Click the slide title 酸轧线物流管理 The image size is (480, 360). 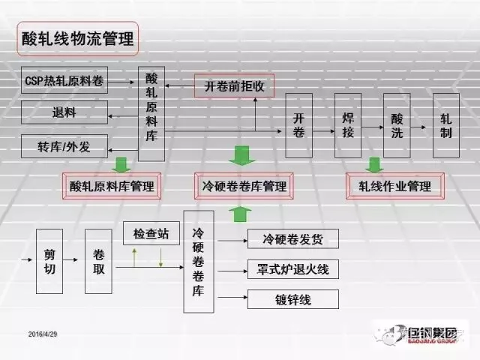75,37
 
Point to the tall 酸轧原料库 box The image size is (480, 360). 151,112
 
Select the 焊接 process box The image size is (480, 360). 347,126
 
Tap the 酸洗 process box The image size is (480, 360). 397,126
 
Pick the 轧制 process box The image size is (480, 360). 446,126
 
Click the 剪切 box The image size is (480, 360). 49,261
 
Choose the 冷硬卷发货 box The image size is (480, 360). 293,239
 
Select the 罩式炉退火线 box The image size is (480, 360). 293,268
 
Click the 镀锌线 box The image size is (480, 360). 293,299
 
